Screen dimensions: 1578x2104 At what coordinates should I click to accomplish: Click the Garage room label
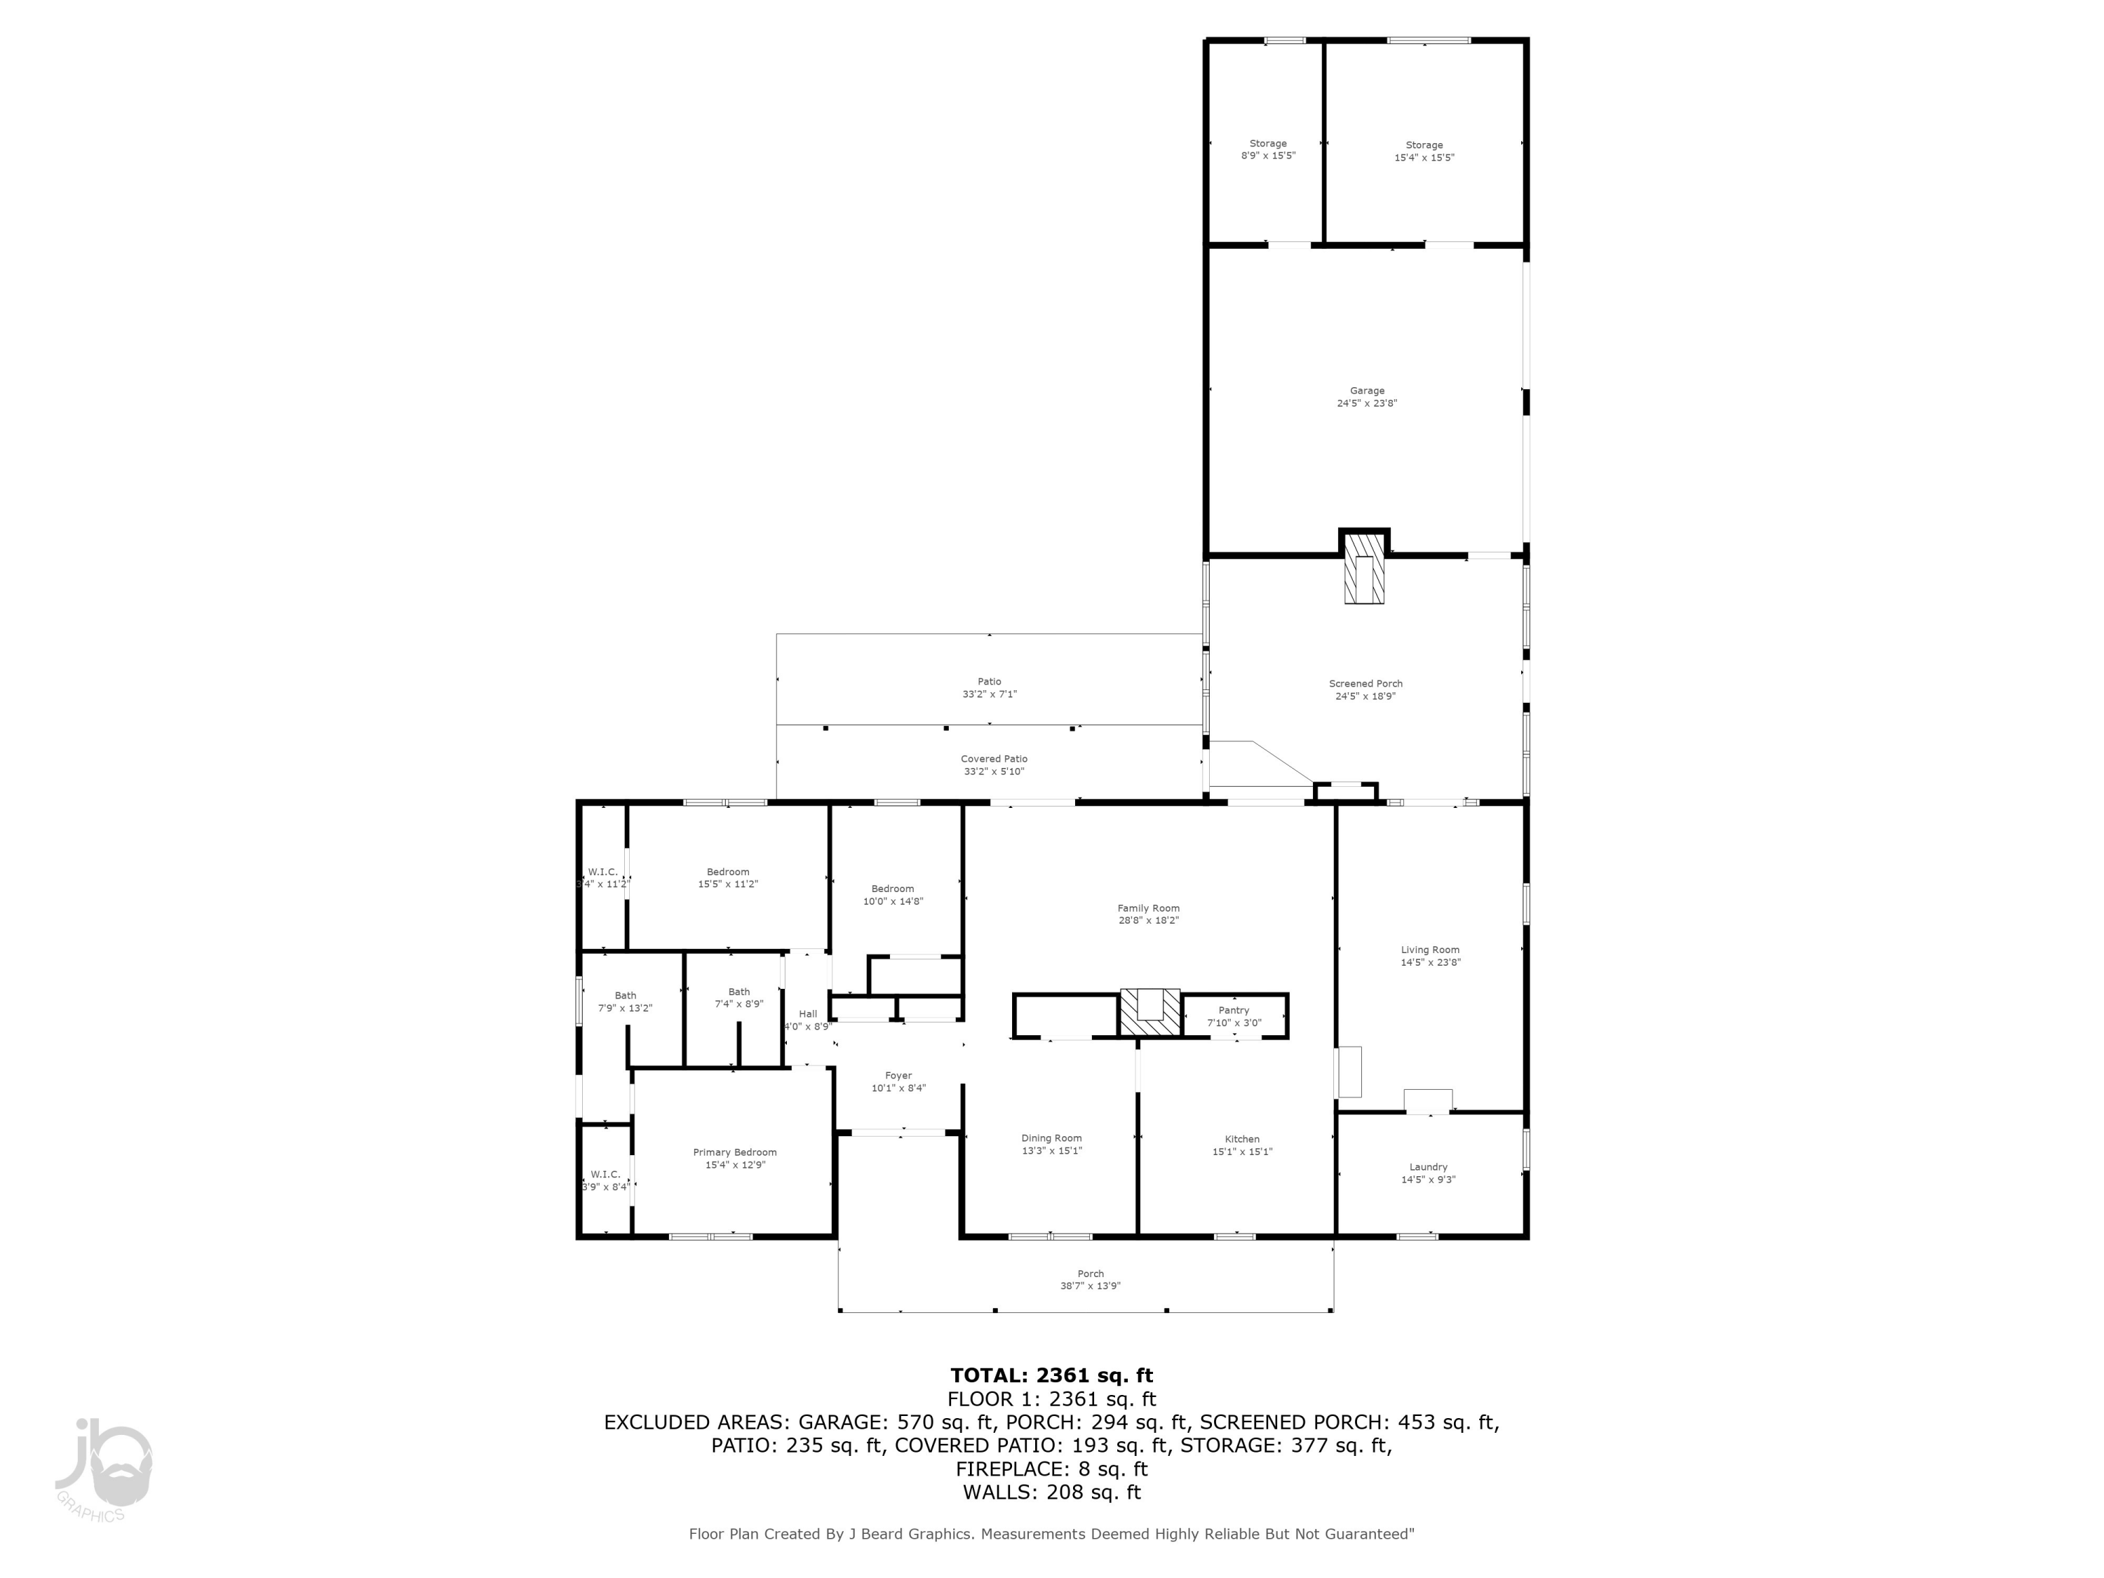(1367, 391)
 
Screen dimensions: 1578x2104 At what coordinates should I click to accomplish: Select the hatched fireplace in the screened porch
(1363, 579)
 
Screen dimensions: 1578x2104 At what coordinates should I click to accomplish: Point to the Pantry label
(1234, 1010)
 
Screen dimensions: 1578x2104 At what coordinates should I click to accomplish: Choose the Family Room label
(1148, 908)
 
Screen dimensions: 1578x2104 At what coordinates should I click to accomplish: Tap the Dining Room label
(1051, 1138)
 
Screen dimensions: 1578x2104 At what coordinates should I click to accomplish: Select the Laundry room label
(1428, 1167)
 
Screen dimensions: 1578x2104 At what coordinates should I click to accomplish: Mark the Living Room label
(1429, 950)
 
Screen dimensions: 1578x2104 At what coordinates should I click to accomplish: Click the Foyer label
(898, 1076)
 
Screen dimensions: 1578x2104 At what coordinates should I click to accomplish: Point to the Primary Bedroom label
(734, 1152)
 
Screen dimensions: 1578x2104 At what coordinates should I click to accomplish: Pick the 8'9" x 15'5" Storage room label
(1268, 144)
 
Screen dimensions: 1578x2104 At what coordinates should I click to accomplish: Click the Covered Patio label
(993, 759)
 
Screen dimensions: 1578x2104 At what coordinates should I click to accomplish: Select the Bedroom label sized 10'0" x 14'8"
(892, 889)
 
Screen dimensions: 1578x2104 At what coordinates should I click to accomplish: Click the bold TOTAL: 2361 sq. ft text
(1051, 1375)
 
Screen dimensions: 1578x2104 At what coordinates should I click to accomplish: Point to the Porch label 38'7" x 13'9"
(1090, 1274)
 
